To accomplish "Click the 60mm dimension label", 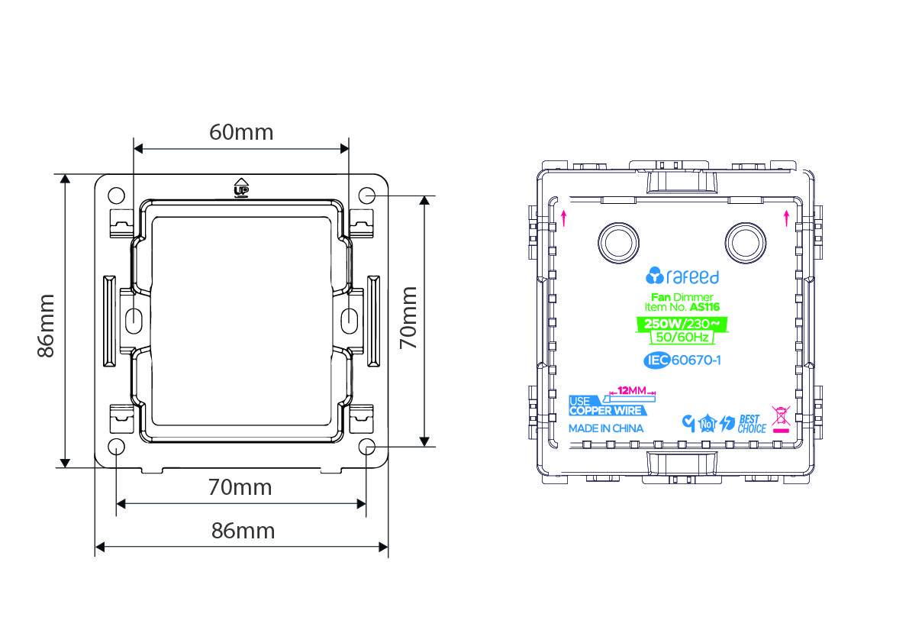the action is click(x=241, y=132).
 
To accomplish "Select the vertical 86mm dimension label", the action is click(x=46, y=326).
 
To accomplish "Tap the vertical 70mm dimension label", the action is click(x=408, y=317).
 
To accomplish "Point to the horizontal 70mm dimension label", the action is click(x=240, y=488).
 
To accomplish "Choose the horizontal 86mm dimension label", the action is click(x=243, y=531).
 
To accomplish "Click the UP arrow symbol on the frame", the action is click(x=240, y=187).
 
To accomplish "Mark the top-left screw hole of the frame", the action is click(x=117, y=195).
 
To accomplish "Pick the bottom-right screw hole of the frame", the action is click(x=366, y=447).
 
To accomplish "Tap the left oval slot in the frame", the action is click(x=134, y=318).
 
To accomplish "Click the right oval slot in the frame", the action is click(x=349, y=319).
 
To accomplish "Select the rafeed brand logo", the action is click(x=682, y=276).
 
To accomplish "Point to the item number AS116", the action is click(x=704, y=307).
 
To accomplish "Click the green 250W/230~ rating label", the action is click(x=682, y=324).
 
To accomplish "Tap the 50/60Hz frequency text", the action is click(x=682, y=338).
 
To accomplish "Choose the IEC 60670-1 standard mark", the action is click(x=682, y=360).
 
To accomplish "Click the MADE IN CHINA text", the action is click(x=606, y=428).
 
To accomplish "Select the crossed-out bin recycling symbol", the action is click(x=781, y=419).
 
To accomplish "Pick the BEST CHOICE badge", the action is click(x=752, y=424).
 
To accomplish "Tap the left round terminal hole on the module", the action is click(x=618, y=242).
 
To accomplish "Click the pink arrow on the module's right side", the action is click(x=786, y=218).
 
